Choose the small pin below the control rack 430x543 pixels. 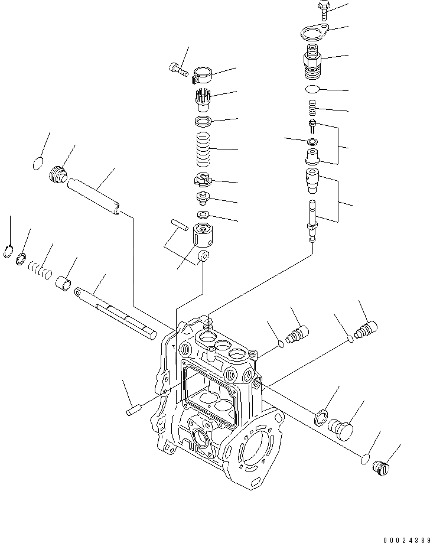tap(133, 408)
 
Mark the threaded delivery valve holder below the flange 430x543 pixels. tap(311, 64)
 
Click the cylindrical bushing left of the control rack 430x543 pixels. tap(64, 284)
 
